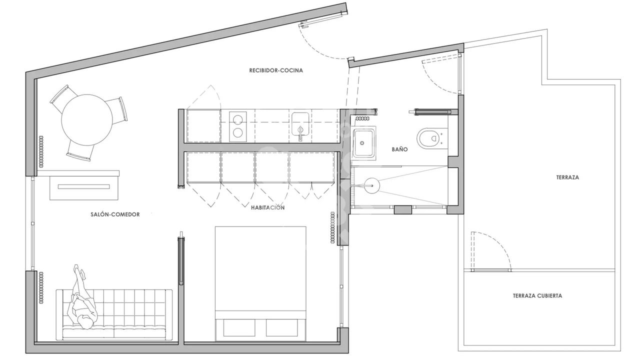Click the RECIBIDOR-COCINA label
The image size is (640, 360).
[x=275, y=70]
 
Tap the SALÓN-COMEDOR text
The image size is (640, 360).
[x=115, y=214]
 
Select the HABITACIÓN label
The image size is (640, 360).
[x=267, y=207]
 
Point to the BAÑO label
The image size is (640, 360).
[x=399, y=149]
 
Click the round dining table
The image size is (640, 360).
[x=87, y=120]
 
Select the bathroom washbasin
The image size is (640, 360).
[x=363, y=143]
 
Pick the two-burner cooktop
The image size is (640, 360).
[x=237, y=126]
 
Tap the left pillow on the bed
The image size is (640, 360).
[x=239, y=327]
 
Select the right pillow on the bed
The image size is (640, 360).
[x=281, y=327]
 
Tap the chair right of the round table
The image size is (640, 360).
[x=117, y=110]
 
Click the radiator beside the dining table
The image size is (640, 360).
[x=41, y=151]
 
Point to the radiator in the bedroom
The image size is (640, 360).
[x=332, y=227]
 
